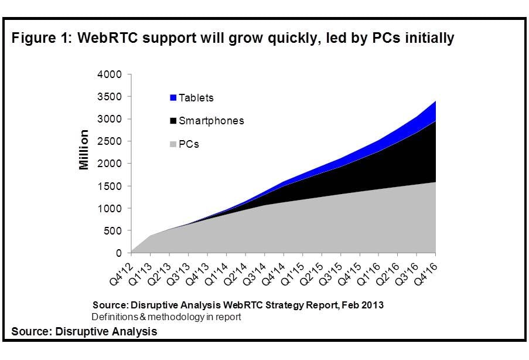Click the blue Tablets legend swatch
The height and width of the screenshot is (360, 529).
coord(173,98)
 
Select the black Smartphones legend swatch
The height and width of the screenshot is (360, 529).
coord(173,121)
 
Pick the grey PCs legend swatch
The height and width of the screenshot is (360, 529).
coord(173,144)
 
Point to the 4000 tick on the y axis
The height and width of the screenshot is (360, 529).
coord(110,74)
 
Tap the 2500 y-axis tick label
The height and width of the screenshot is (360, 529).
coord(110,141)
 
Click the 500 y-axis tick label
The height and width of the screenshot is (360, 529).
coord(113,231)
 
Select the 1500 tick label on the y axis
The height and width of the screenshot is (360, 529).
coord(110,186)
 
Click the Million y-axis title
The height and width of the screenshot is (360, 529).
coord(84,150)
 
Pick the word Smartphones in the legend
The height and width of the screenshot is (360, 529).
coord(211,121)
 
